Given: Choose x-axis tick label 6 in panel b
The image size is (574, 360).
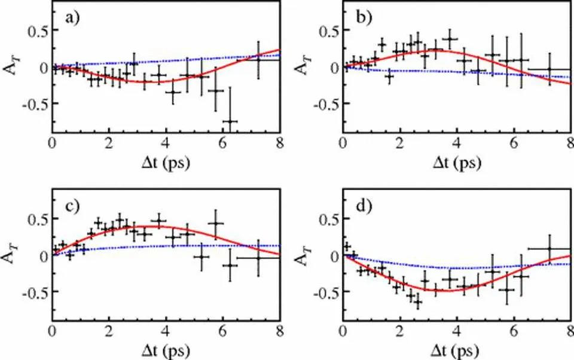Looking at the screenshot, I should coord(513,143).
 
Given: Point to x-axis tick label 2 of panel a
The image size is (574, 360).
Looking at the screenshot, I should coord(109,143).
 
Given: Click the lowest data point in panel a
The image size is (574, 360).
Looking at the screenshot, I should coord(228,121).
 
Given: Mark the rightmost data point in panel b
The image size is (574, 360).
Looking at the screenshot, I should coord(549,70).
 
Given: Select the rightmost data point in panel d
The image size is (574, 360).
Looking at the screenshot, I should coord(549,249).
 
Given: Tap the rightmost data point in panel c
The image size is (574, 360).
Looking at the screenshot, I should coord(258,258).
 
